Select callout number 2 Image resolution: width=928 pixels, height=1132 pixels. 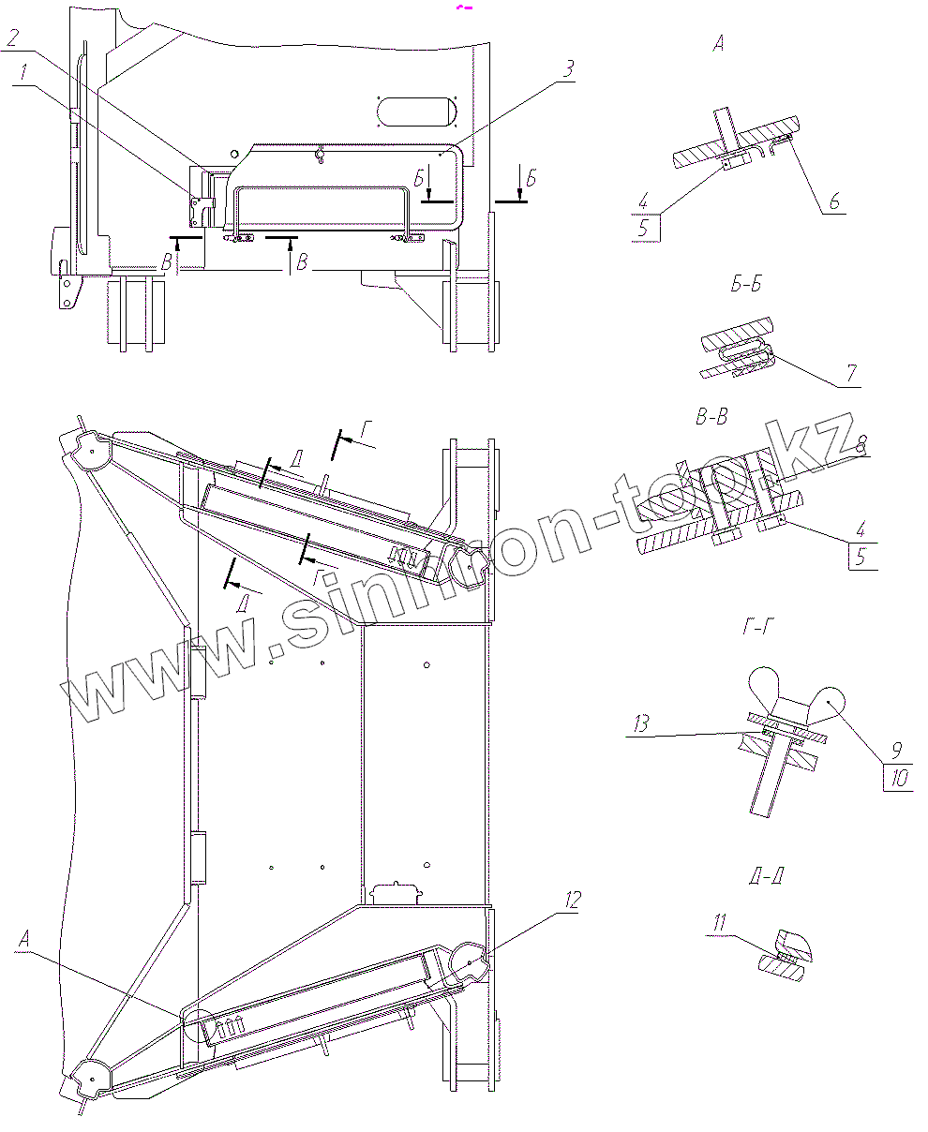coord(12,38)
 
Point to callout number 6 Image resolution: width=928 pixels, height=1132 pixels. coord(833,201)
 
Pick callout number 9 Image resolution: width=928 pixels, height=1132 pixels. coord(895,750)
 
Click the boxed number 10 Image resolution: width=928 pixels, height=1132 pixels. coord(900,779)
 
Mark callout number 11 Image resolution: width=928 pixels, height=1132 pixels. coord(719,924)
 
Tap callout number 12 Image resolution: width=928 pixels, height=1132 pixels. coord(571,900)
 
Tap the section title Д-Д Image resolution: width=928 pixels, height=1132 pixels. coord(766,877)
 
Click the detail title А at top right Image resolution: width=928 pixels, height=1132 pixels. coord(718,43)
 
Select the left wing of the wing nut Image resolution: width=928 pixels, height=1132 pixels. coord(769,688)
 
